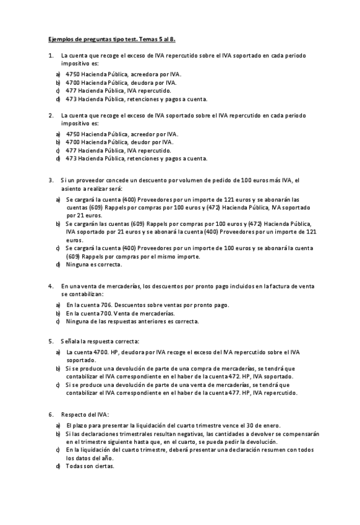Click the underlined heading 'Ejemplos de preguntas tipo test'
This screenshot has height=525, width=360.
(x=112, y=39)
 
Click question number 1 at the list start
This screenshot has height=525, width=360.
(x=50, y=56)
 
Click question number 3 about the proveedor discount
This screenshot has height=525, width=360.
(x=50, y=180)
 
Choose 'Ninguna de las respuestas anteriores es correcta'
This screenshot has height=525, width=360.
(x=132, y=321)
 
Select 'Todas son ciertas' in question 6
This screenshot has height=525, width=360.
(x=90, y=466)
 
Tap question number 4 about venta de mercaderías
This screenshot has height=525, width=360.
(x=50, y=286)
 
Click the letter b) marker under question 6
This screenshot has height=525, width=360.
(x=58, y=434)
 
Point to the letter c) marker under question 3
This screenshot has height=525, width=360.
(x=58, y=248)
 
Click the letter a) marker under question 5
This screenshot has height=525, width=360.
(x=58, y=352)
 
